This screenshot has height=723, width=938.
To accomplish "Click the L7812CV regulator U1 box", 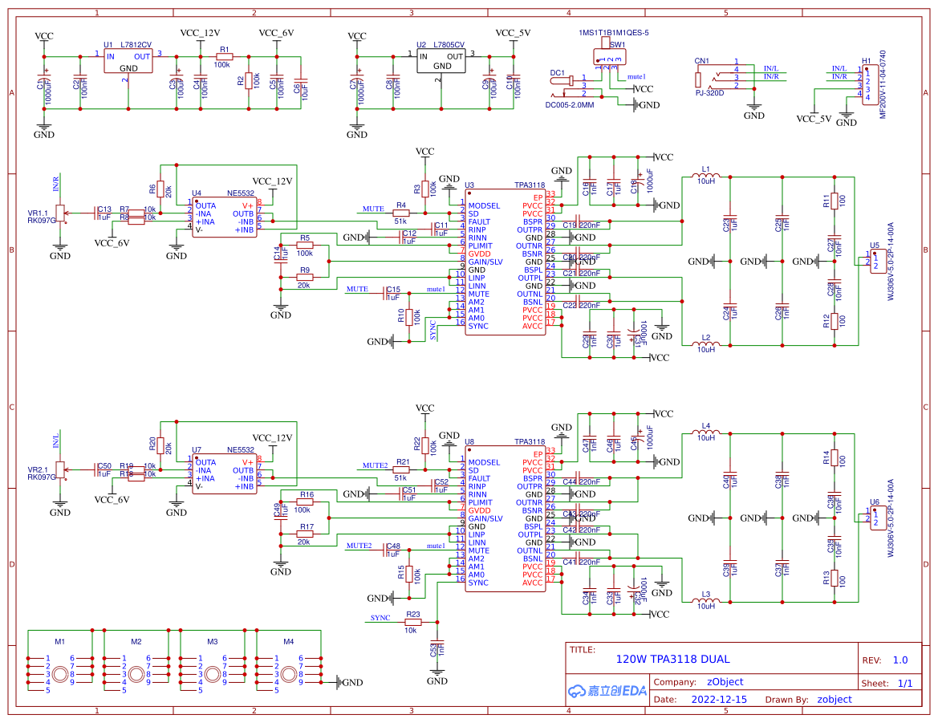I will (x=128, y=62).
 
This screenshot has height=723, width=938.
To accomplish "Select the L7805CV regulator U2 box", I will (x=441, y=62).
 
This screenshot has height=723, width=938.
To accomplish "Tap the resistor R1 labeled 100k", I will (x=222, y=57).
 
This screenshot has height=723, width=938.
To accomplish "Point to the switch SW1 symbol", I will (x=608, y=59).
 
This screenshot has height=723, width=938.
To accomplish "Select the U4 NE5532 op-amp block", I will (x=224, y=217).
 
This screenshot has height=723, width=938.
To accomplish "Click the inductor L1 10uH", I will (x=705, y=176).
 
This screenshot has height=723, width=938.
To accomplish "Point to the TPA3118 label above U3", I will (x=530, y=185).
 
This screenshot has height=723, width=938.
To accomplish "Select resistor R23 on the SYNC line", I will (x=411, y=622).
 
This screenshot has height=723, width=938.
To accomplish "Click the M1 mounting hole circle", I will (x=60, y=674).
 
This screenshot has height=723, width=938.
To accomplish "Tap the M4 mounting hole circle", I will (x=289, y=674).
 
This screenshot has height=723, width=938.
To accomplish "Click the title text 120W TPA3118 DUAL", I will (x=672, y=660).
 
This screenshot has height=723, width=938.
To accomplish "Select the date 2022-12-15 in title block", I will (x=719, y=699).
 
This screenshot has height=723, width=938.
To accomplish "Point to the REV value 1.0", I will (x=899, y=660).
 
